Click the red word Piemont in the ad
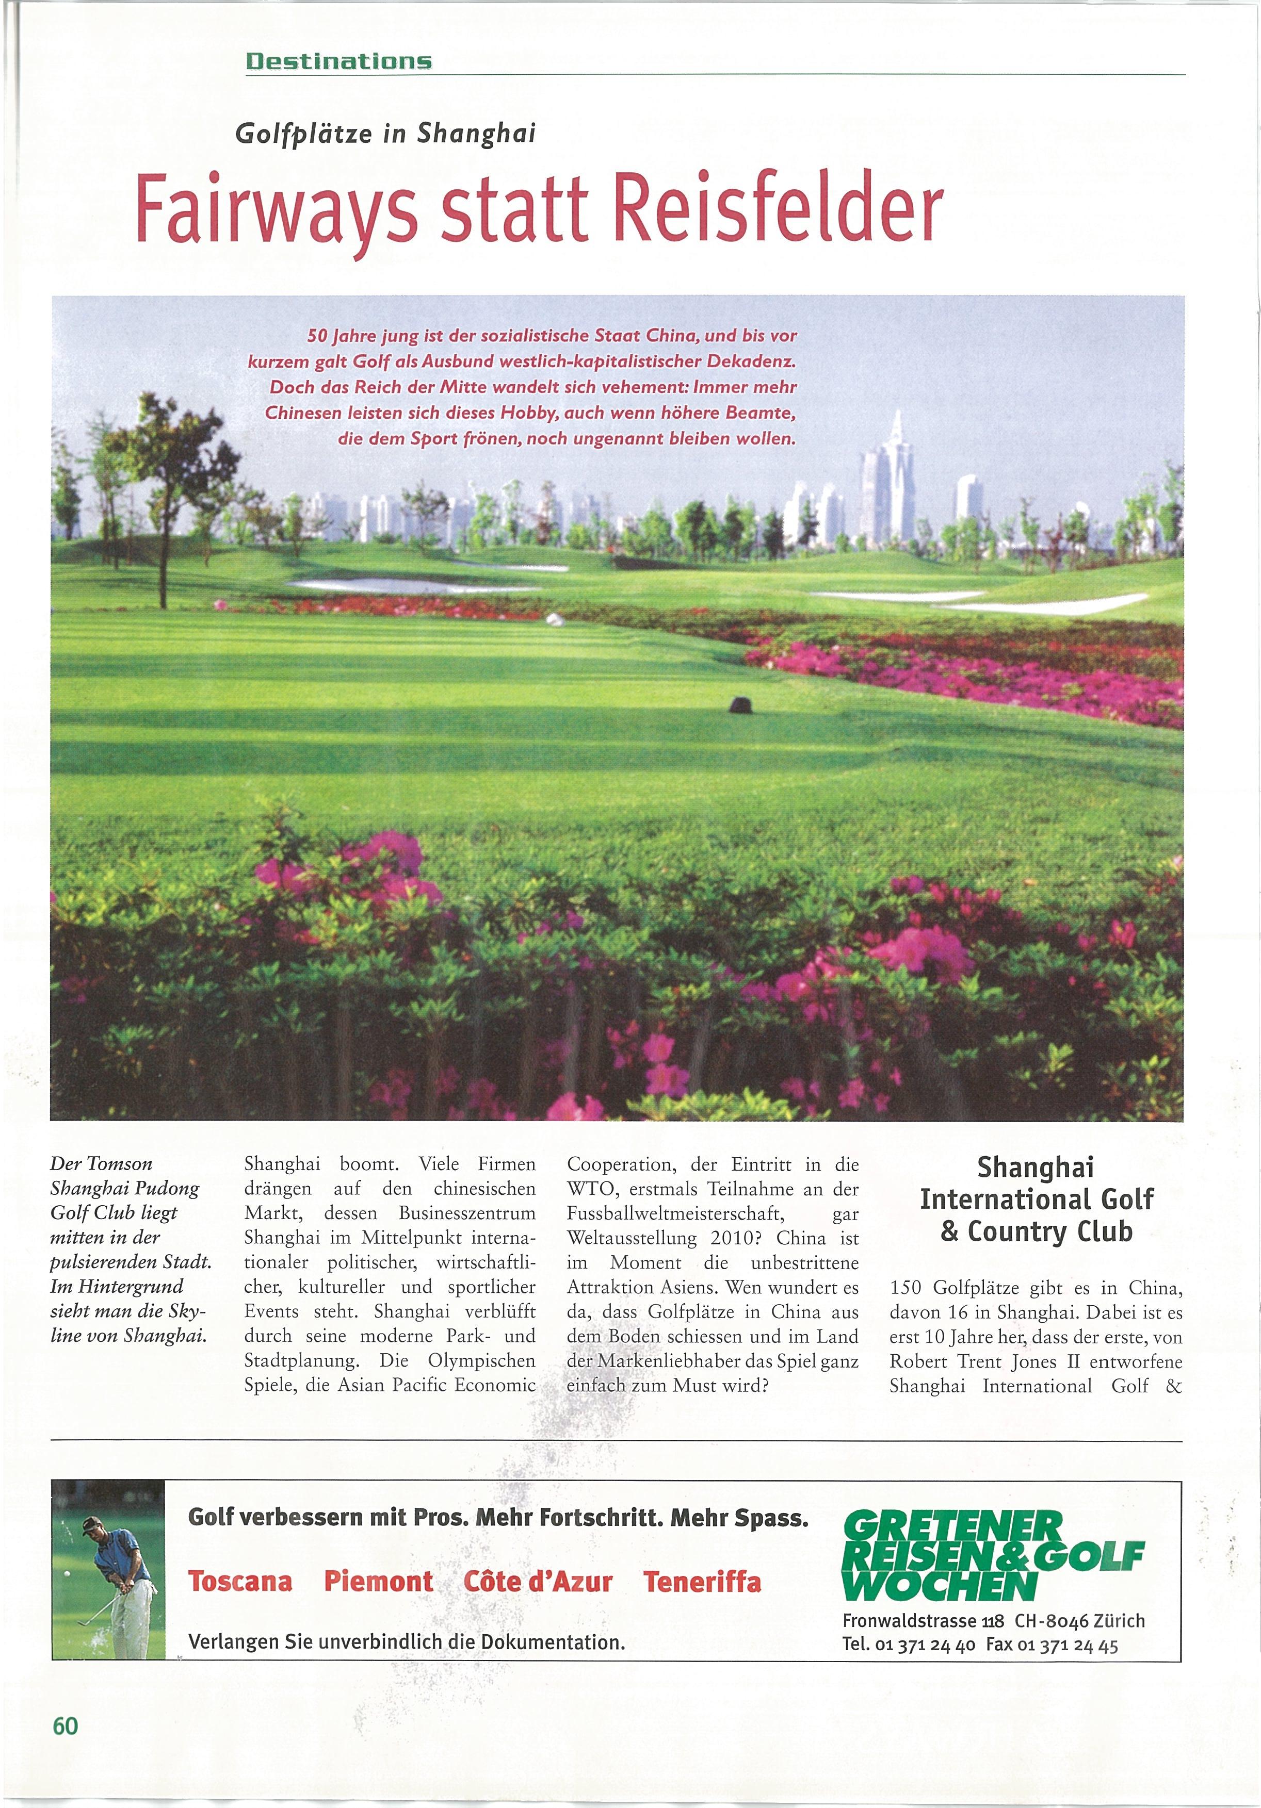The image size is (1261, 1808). pos(378,1582)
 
